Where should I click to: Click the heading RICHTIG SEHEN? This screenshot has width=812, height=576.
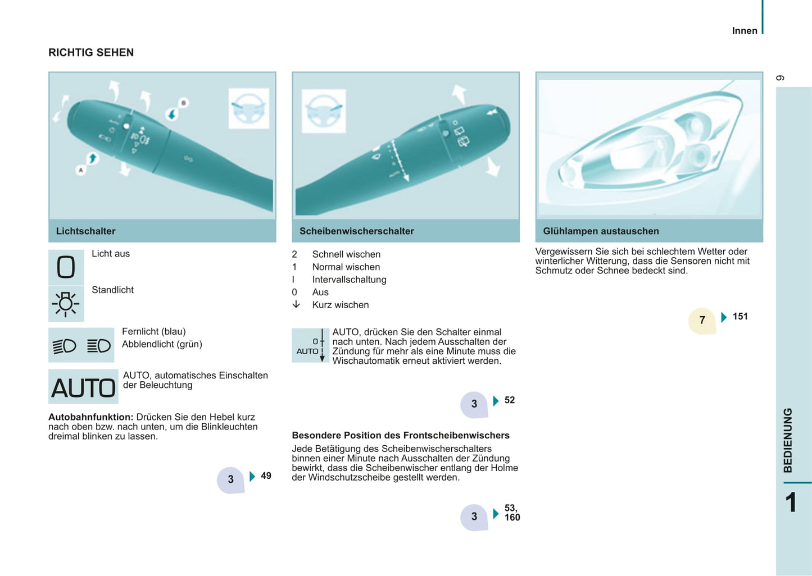tap(91, 52)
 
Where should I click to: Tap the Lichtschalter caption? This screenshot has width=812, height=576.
tap(85, 231)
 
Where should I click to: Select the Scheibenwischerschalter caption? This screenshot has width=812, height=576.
tap(356, 231)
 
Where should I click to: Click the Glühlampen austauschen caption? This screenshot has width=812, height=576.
tap(601, 231)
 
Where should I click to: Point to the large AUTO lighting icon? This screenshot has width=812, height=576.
tap(83, 387)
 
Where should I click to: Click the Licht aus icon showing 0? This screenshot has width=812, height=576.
tap(66, 267)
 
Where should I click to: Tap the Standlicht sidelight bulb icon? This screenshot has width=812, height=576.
tap(66, 304)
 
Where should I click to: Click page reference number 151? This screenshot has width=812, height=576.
tap(740, 317)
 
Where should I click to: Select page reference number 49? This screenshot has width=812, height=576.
tap(266, 476)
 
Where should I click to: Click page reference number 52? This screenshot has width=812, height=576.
tap(510, 400)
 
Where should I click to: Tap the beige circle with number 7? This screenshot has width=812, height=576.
tap(702, 320)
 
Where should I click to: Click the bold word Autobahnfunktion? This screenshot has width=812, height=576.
tap(90, 417)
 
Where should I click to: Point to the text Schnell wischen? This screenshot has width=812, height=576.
tap(346, 254)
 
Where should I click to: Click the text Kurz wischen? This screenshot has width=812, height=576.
tap(341, 305)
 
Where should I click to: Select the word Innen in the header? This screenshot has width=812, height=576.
tap(745, 31)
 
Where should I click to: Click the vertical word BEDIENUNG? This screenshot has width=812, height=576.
tap(788, 440)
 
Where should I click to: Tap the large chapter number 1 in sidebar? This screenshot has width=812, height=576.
tap(791, 502)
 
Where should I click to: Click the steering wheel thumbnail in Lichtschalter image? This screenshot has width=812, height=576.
tap(248, 108)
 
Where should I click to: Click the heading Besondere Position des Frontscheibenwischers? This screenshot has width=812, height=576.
tap(401, 435)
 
